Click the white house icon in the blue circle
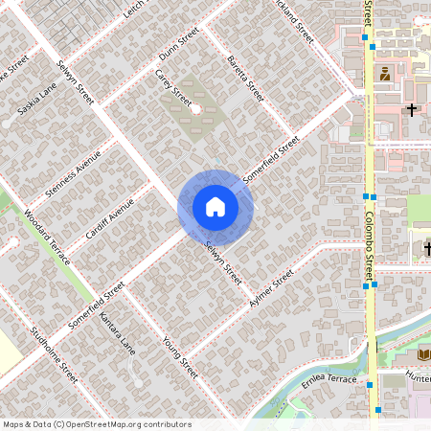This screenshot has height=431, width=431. point(215,207)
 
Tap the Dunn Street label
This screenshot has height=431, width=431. point(179,45)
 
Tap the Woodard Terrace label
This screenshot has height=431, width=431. point(43,233)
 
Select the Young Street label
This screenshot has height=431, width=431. point(179,355)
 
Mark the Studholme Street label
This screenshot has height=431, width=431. point(54,354)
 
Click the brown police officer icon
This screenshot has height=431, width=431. point(385,74)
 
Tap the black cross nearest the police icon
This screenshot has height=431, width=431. point(413,109)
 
